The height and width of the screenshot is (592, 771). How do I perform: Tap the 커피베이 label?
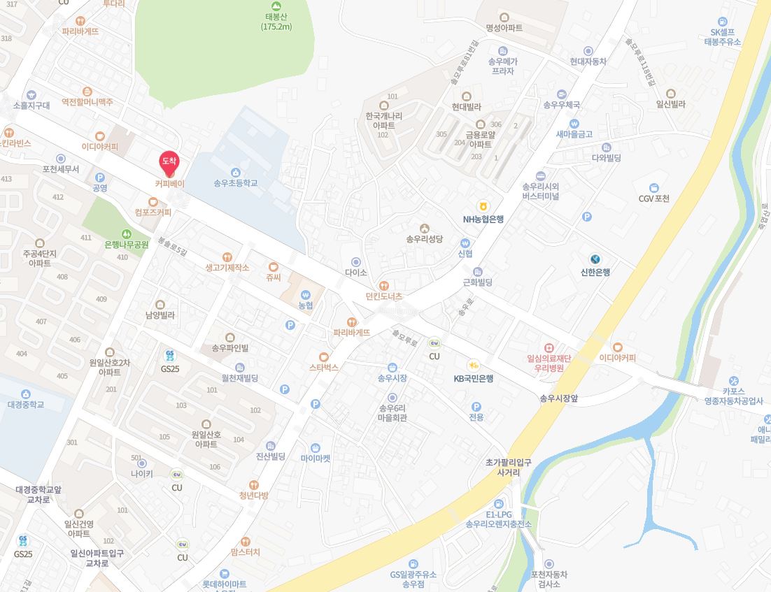(x=169, y=183)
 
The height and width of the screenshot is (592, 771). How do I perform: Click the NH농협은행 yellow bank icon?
(x=482, y=206)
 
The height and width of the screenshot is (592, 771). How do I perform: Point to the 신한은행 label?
(x=595, y=272)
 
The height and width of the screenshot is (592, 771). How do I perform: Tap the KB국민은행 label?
(x=473, y=378)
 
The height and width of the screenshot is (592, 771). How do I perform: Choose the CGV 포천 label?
(x=654, y=198)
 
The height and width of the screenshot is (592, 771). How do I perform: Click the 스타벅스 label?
(x=324, y=367)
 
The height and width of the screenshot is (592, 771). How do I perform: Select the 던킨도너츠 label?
(x=384, y=296)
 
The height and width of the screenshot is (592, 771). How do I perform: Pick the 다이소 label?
(x=356, y=273)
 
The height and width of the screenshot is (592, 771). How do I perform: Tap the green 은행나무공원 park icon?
(x=127, y=233)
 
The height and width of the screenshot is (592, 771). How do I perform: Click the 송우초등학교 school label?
(x=236, y=183)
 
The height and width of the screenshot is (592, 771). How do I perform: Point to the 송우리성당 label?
(x=424, y=239)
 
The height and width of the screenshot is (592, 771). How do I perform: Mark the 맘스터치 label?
(x=245, y=552)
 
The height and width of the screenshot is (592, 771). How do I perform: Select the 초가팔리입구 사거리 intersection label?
(x=508, y=468)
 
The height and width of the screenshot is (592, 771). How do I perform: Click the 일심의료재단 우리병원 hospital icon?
(x=549, y=347)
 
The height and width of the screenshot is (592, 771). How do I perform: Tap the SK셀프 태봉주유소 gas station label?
(x=722, y=37)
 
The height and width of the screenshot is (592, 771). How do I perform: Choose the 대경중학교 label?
(x=26, y=404)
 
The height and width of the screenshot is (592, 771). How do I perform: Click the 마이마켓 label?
(x=316, y=459)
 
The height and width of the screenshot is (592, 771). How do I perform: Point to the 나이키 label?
(x=141, y=474)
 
